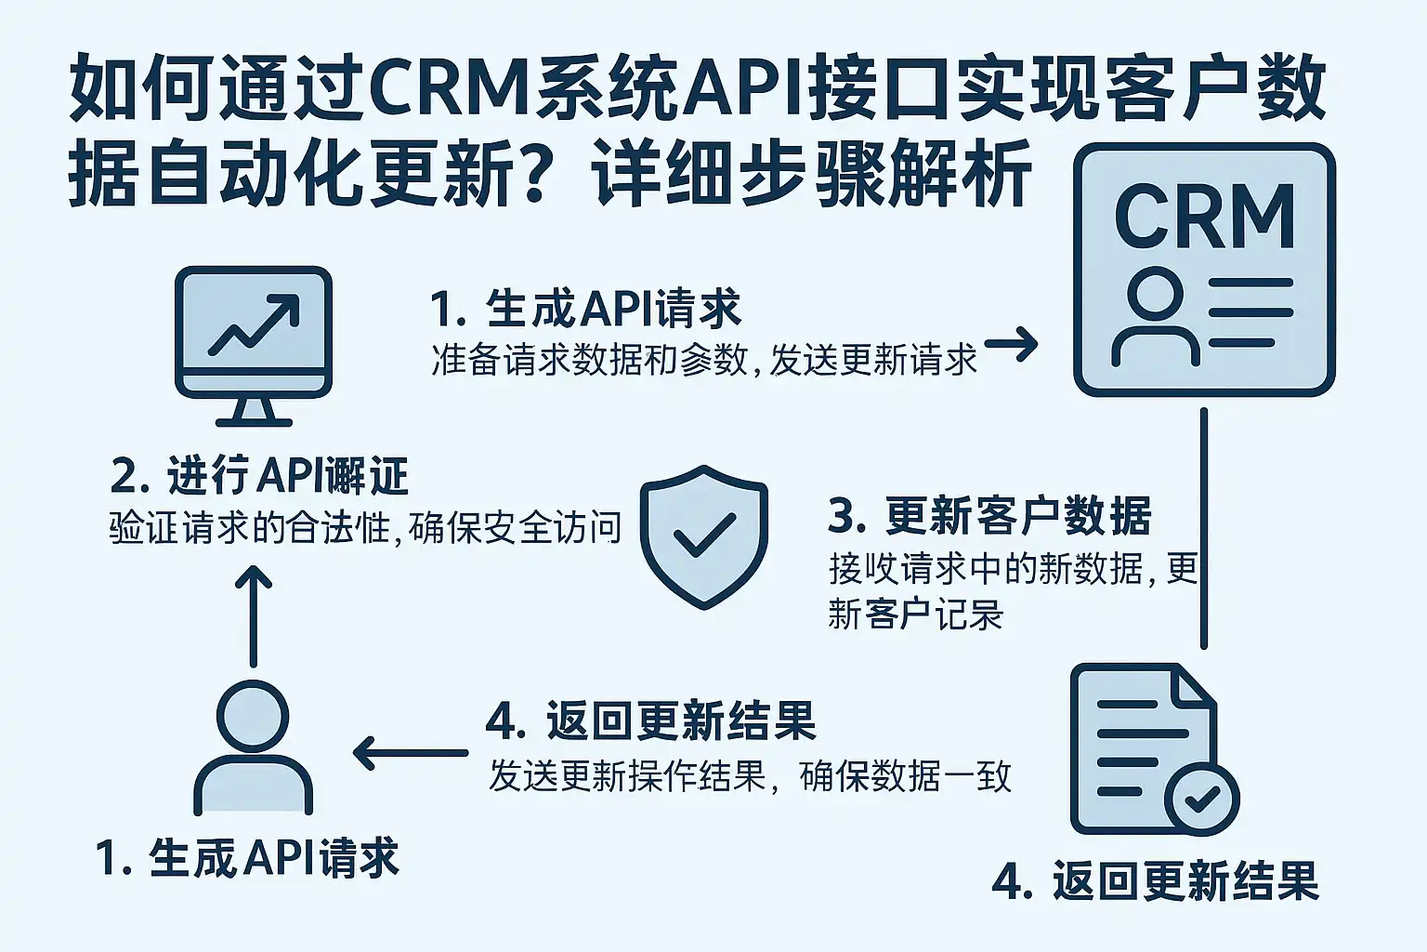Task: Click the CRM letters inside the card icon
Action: pyautogui.click(x=1205, y=216)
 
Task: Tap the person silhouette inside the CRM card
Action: pyautogui.click(x=1155, y=316)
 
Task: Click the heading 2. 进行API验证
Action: pyautogui.click(x=259, y=477)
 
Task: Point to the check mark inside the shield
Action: pyautogui.click(x=703, y=536)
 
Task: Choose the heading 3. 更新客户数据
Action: pyautogui.click(x=989, y=516)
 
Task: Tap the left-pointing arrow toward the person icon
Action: pyautogui.click(x=410, y=752)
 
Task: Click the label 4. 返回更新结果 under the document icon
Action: pyautogui.click(x=1156, y=880)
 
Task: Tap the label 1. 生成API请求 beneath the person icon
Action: pyautogui.click(x=247, y=857)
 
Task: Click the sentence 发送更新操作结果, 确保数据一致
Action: pyautogui.click(x=749, y=776)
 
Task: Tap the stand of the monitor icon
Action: pyautogui.click(x=254, y=410)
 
